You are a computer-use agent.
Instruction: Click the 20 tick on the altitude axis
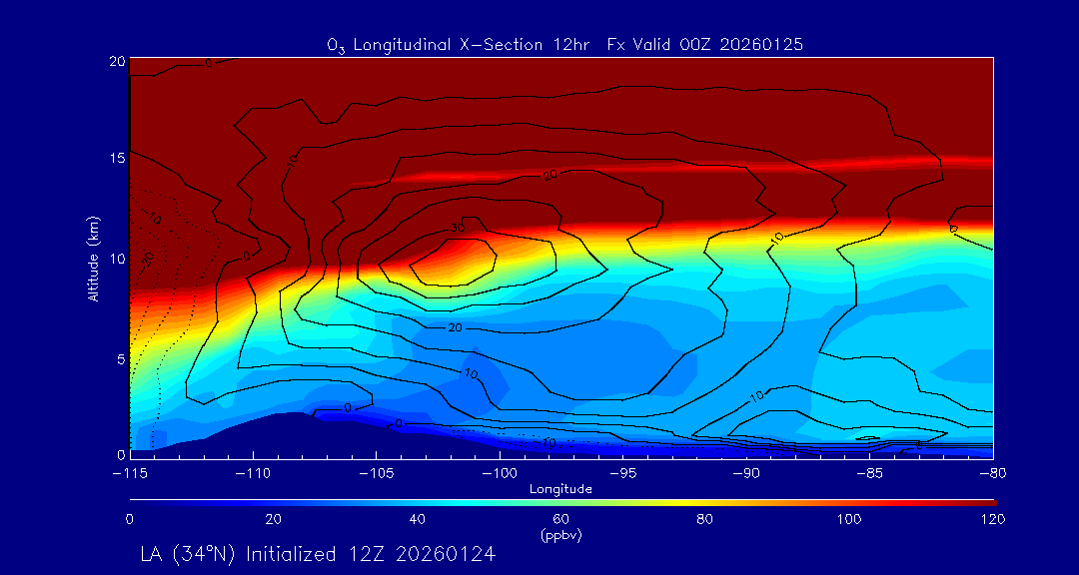(x=117, y=61)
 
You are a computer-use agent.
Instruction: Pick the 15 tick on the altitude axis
(x=117, y=159)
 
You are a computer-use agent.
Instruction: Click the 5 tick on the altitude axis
(x=120, y=357)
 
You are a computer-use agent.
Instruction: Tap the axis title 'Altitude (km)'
(x=94, y=258)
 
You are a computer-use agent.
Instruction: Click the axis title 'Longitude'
(x=561, y=489)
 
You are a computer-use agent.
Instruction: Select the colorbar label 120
(x=992, y=519)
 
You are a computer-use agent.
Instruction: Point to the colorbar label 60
(x=561, y=519)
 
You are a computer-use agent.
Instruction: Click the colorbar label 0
(x=130, y=519)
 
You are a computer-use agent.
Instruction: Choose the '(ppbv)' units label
(x=561, y=535)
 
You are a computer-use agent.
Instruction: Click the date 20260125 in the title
(x=763, y=44)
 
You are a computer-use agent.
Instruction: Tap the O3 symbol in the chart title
(x=336, y=45)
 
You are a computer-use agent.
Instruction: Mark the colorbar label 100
(x=849, y=519)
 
